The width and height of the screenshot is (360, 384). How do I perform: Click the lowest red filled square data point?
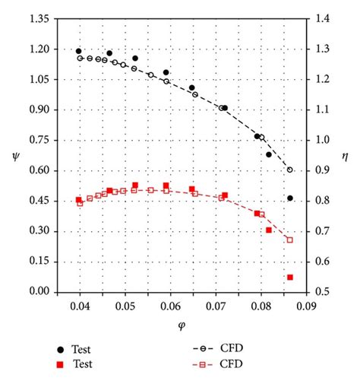point(290,278)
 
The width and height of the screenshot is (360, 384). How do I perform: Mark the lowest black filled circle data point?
point(290,198)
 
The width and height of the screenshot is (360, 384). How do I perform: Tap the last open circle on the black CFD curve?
point(290,170)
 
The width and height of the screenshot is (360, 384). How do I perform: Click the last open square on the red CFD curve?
point(289,240)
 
